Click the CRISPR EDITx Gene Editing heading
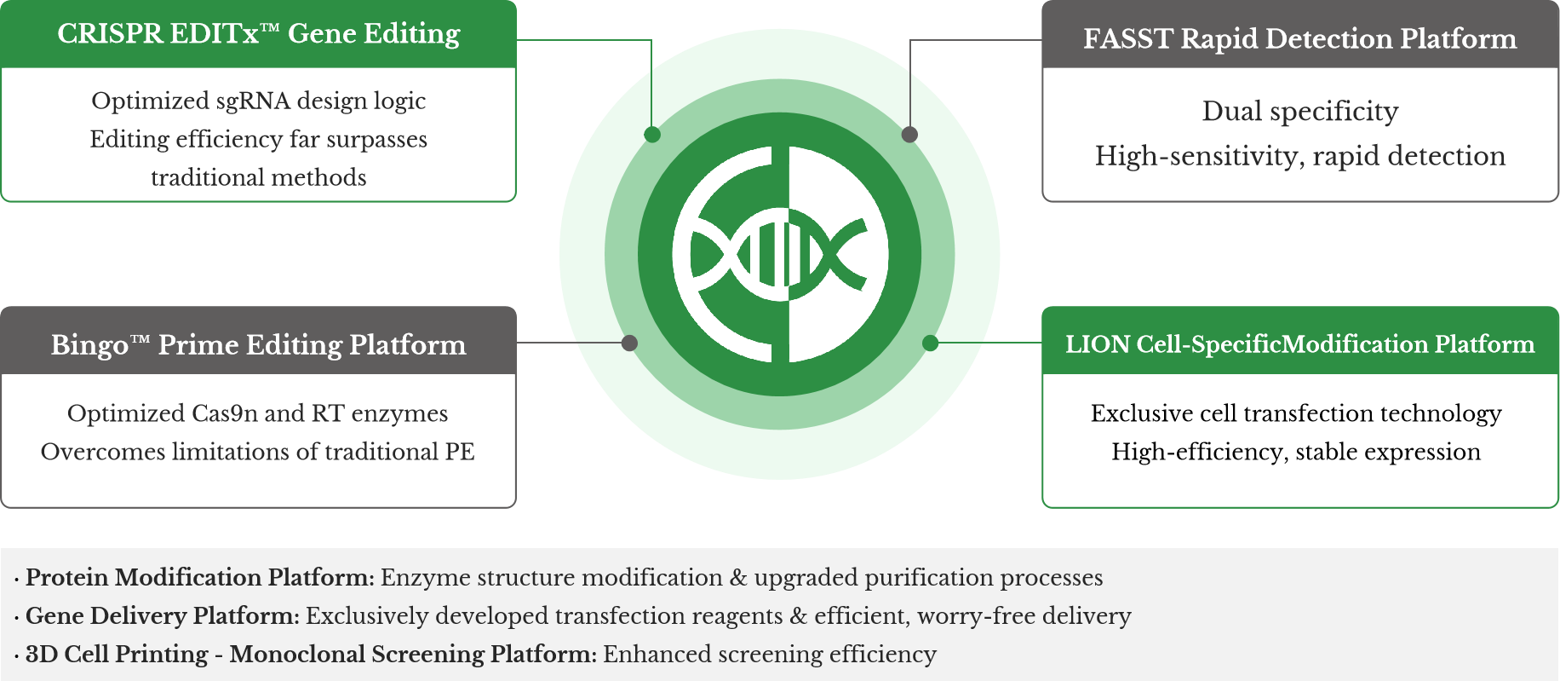(x=259, y=34)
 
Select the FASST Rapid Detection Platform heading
(x=1299, y=39)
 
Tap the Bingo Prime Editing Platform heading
(x=259, y=344)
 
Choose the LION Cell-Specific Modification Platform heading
(x=1299, y=344)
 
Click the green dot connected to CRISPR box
(x=652, y=135)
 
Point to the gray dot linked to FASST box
(x=909, y=135)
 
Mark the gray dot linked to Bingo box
(x=629, y=343)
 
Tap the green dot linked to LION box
(x=930, y=343)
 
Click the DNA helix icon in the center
(x=779, y=254)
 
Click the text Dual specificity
(x=1299, y=112)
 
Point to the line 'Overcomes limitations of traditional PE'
(x=258, y=452)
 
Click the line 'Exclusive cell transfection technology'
(x=1296, y=413)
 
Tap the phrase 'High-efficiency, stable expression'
(x=1296, y=452)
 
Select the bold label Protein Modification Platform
(x=199, y=578)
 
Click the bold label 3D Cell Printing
(x=117, y=655)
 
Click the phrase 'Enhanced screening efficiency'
(x=770, y=655)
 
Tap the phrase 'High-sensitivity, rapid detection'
(x=1299, y=156)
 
